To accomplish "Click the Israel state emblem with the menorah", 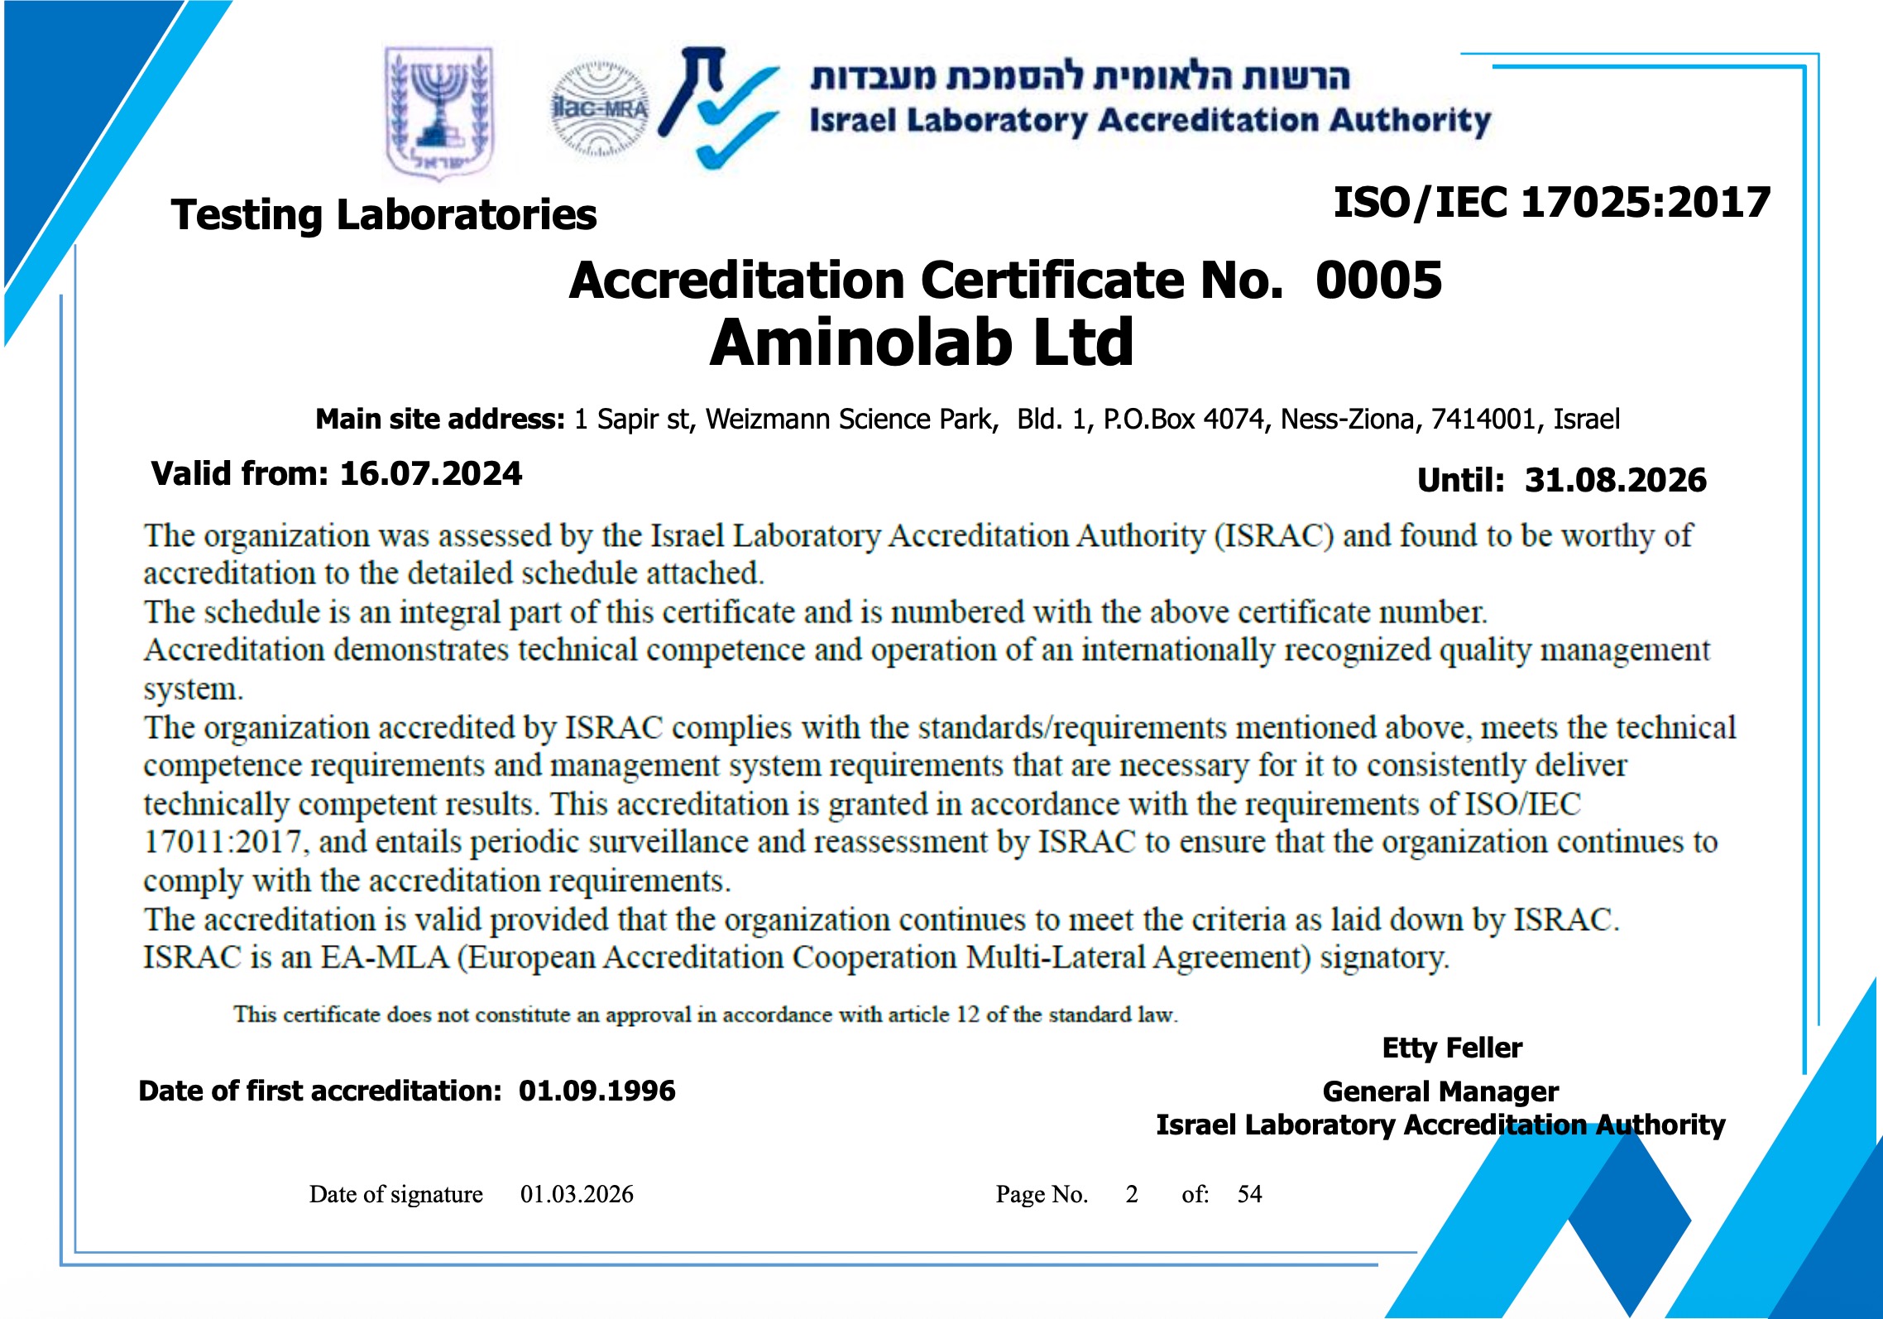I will point(439,111).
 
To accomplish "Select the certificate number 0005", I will point(1378,280).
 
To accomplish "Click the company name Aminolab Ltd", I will point(922,343).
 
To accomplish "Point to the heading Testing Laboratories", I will point(383,215).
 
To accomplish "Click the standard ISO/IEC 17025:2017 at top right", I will point(1551,203).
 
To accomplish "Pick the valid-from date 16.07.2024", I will point(431,474).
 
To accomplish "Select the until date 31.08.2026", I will point(1615,480).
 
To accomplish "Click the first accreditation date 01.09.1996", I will point(597,1091).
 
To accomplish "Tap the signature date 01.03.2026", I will point(577,1194).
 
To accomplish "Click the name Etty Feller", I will point(1452,1048).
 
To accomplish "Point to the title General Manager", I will point(1440,1091).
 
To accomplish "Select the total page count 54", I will point(1249,1194).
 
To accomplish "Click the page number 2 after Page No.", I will point(1132,1194).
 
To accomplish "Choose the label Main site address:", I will point(439,420).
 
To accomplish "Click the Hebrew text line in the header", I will point(1080,76).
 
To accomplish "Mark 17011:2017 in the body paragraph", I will point(223,842).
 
